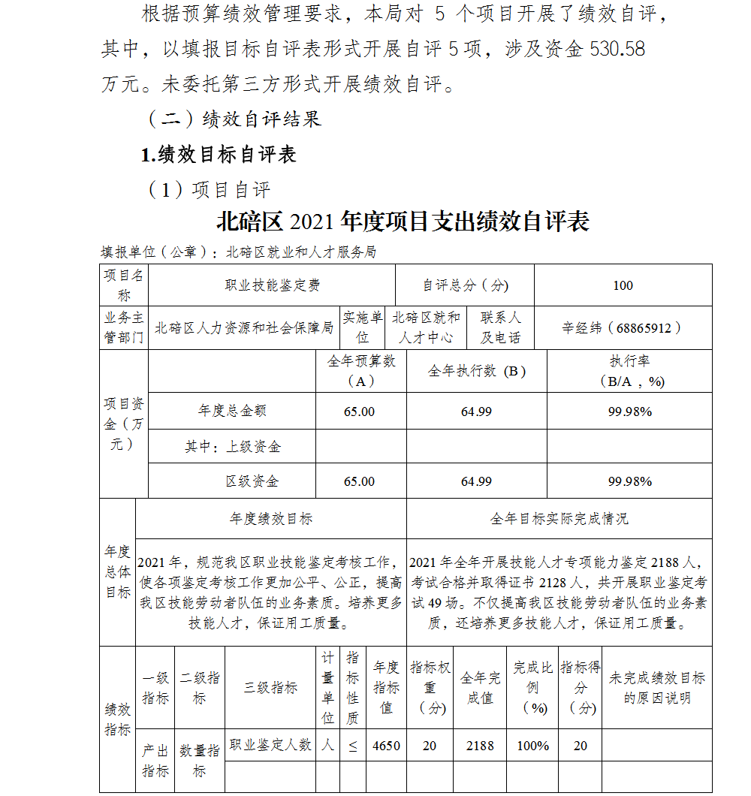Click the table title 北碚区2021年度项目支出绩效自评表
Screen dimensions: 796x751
(x=403, y=222)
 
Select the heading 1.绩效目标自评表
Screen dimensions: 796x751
(x=219, y=154)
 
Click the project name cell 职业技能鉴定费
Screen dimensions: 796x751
(x=273, y=285)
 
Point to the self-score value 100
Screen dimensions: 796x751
(x=623, y=285)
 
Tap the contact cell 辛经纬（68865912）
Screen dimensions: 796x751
(x=623, y=327)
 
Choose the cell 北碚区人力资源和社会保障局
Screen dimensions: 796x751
(x=244, y=327)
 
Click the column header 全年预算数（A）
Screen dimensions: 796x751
(x=361, y=371)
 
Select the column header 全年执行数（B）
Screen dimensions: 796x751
(x=477, y=371)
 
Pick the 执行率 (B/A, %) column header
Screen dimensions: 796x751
(x=630, y=371)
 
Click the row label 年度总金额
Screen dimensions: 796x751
(x=232, y=411)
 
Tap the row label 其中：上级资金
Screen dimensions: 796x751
(x=233, y=447)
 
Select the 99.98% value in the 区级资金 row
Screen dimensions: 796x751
(x=630, y=481)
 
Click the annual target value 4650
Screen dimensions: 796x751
(x=387, y=746)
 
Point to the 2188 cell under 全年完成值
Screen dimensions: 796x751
(x=480, y=746)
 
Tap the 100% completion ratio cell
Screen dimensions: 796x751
(x=533, y=746)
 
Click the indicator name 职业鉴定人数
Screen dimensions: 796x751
(x=270, y=745)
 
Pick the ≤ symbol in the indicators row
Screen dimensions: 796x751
(x=352, y=746)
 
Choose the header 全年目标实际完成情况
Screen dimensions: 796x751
(x=559, y=519)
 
